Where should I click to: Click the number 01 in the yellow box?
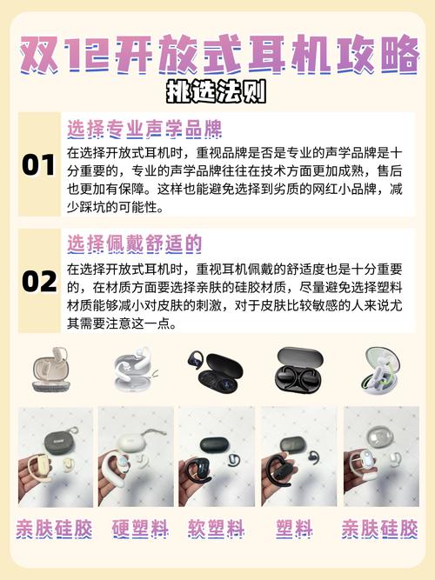pyautogui.click(x=38, y=164)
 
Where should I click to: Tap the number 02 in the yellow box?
pyautogui.click(x=38, y=281)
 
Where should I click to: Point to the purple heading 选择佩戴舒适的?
pyautogui.click(x=134, y=243)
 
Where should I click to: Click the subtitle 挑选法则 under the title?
pyautogui.click(x=217, y=90)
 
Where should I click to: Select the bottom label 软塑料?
pyautogui.click(x=216, y=528)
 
